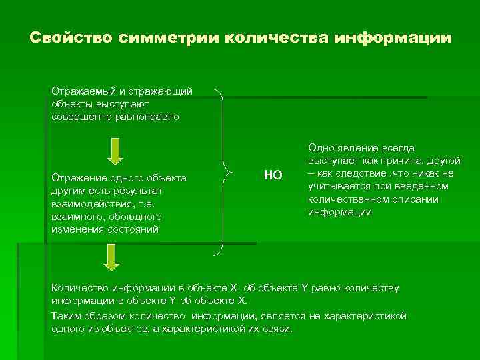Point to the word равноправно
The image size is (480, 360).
click(150, 116)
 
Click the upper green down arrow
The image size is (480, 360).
click(115, 151)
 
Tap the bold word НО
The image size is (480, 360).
click(273, 175)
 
